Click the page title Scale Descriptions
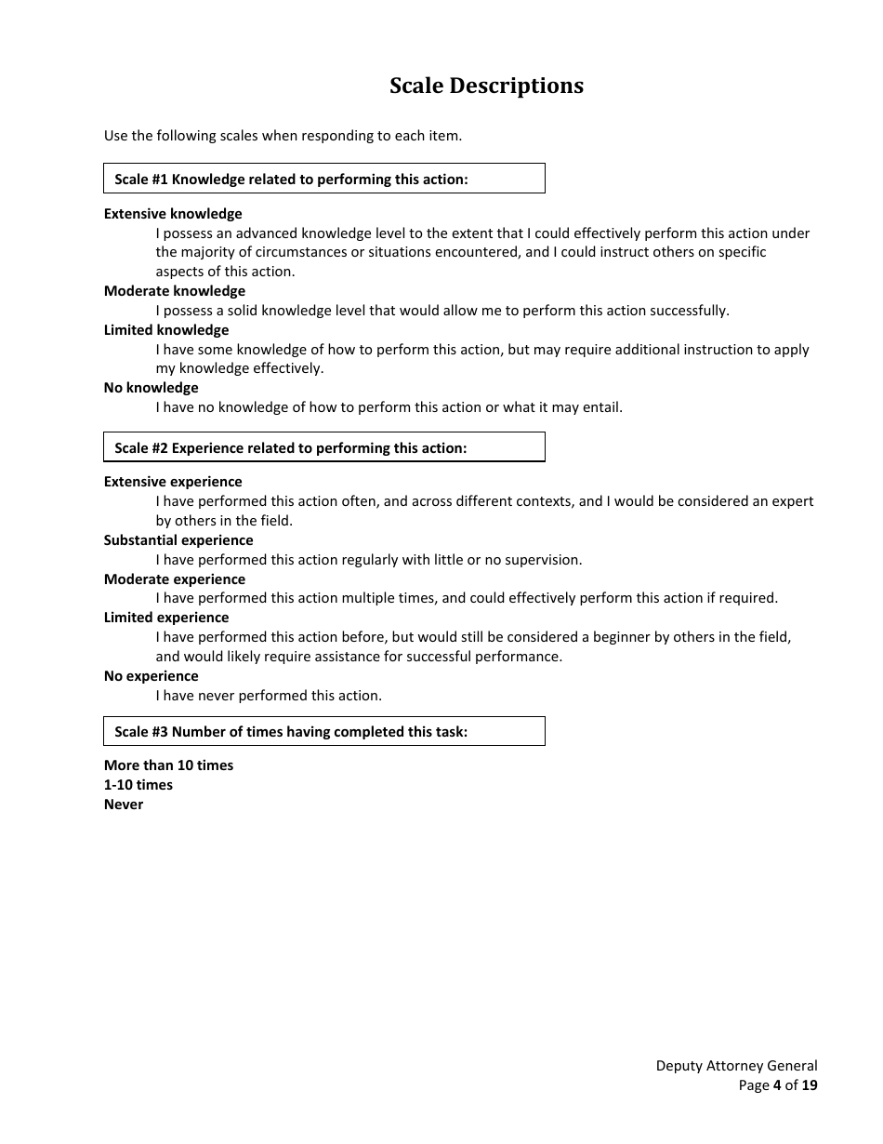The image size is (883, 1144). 486,86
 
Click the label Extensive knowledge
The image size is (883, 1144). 173,214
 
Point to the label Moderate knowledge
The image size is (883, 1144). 175,291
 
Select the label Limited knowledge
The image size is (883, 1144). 166,330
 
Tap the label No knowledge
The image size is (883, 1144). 152,388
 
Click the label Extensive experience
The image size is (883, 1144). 173,482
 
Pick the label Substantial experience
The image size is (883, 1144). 178,540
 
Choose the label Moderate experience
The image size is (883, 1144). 175,579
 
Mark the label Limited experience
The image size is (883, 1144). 166,618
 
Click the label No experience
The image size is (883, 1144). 152,676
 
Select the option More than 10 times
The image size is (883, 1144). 169,765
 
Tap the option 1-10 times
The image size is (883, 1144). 138,785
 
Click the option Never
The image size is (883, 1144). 124,805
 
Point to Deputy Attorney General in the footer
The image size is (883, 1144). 736,1066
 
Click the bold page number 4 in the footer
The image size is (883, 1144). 777,1085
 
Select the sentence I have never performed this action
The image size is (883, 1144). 269,696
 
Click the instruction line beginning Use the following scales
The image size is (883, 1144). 283,136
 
